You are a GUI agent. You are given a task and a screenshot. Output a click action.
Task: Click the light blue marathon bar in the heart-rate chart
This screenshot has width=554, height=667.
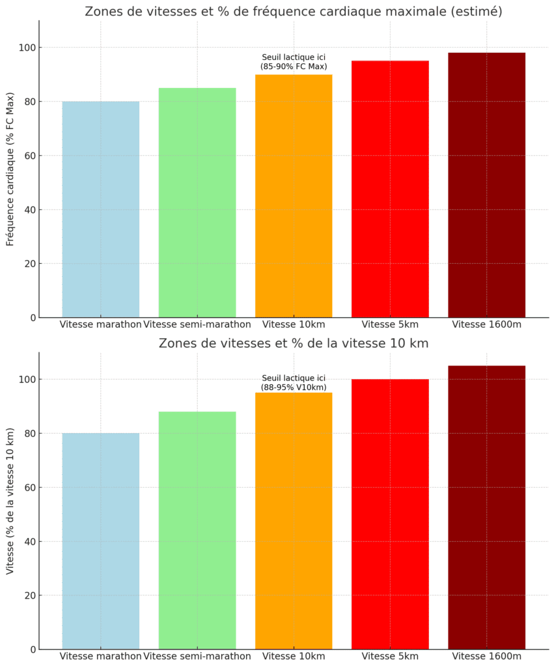[x=101, y=209]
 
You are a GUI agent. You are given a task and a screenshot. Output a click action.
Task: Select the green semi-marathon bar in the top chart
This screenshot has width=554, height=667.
[x=197, y=203]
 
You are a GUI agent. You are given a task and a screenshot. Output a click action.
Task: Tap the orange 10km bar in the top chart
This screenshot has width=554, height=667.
[x=294, y=196]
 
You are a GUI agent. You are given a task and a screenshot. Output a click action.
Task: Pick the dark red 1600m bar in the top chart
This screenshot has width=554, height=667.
[x=486, y=185]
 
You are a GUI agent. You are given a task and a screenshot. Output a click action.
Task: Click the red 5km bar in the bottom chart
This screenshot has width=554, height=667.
[x=390, y=514]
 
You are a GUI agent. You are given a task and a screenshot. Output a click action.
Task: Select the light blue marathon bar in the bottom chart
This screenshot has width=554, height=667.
[x=101, y=541]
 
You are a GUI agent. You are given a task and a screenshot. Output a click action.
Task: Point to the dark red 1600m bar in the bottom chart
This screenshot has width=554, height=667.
[x=486, y=507]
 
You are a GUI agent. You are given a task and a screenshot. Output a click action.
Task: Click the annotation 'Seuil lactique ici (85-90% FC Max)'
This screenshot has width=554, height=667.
[x=294, y=62]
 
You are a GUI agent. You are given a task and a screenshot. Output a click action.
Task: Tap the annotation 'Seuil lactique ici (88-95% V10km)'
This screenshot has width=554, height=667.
[x=294, y=383]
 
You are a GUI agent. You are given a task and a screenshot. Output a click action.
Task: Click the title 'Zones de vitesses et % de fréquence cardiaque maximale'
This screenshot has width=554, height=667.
[x=294, y=11]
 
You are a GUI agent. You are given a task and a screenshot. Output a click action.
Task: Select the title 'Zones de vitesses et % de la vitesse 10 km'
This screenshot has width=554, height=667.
[x=294, y=343]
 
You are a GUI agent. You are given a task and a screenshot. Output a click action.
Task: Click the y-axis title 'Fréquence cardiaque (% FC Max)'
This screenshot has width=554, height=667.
[x=10, y=169]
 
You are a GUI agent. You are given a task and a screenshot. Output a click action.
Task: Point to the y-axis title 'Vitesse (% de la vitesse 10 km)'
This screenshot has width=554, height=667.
[x=10, y=501]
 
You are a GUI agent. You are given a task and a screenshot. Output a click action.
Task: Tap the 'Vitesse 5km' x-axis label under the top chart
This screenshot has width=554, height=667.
[x=390, y=324]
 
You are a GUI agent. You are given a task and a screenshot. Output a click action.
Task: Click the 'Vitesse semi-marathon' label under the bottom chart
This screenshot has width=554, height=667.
[x=197, y=656]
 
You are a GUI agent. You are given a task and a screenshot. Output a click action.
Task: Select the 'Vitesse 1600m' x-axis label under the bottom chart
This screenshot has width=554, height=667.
[x=486, y=656]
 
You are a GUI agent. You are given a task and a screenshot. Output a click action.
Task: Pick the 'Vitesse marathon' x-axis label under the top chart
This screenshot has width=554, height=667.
[x=100, y=324]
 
